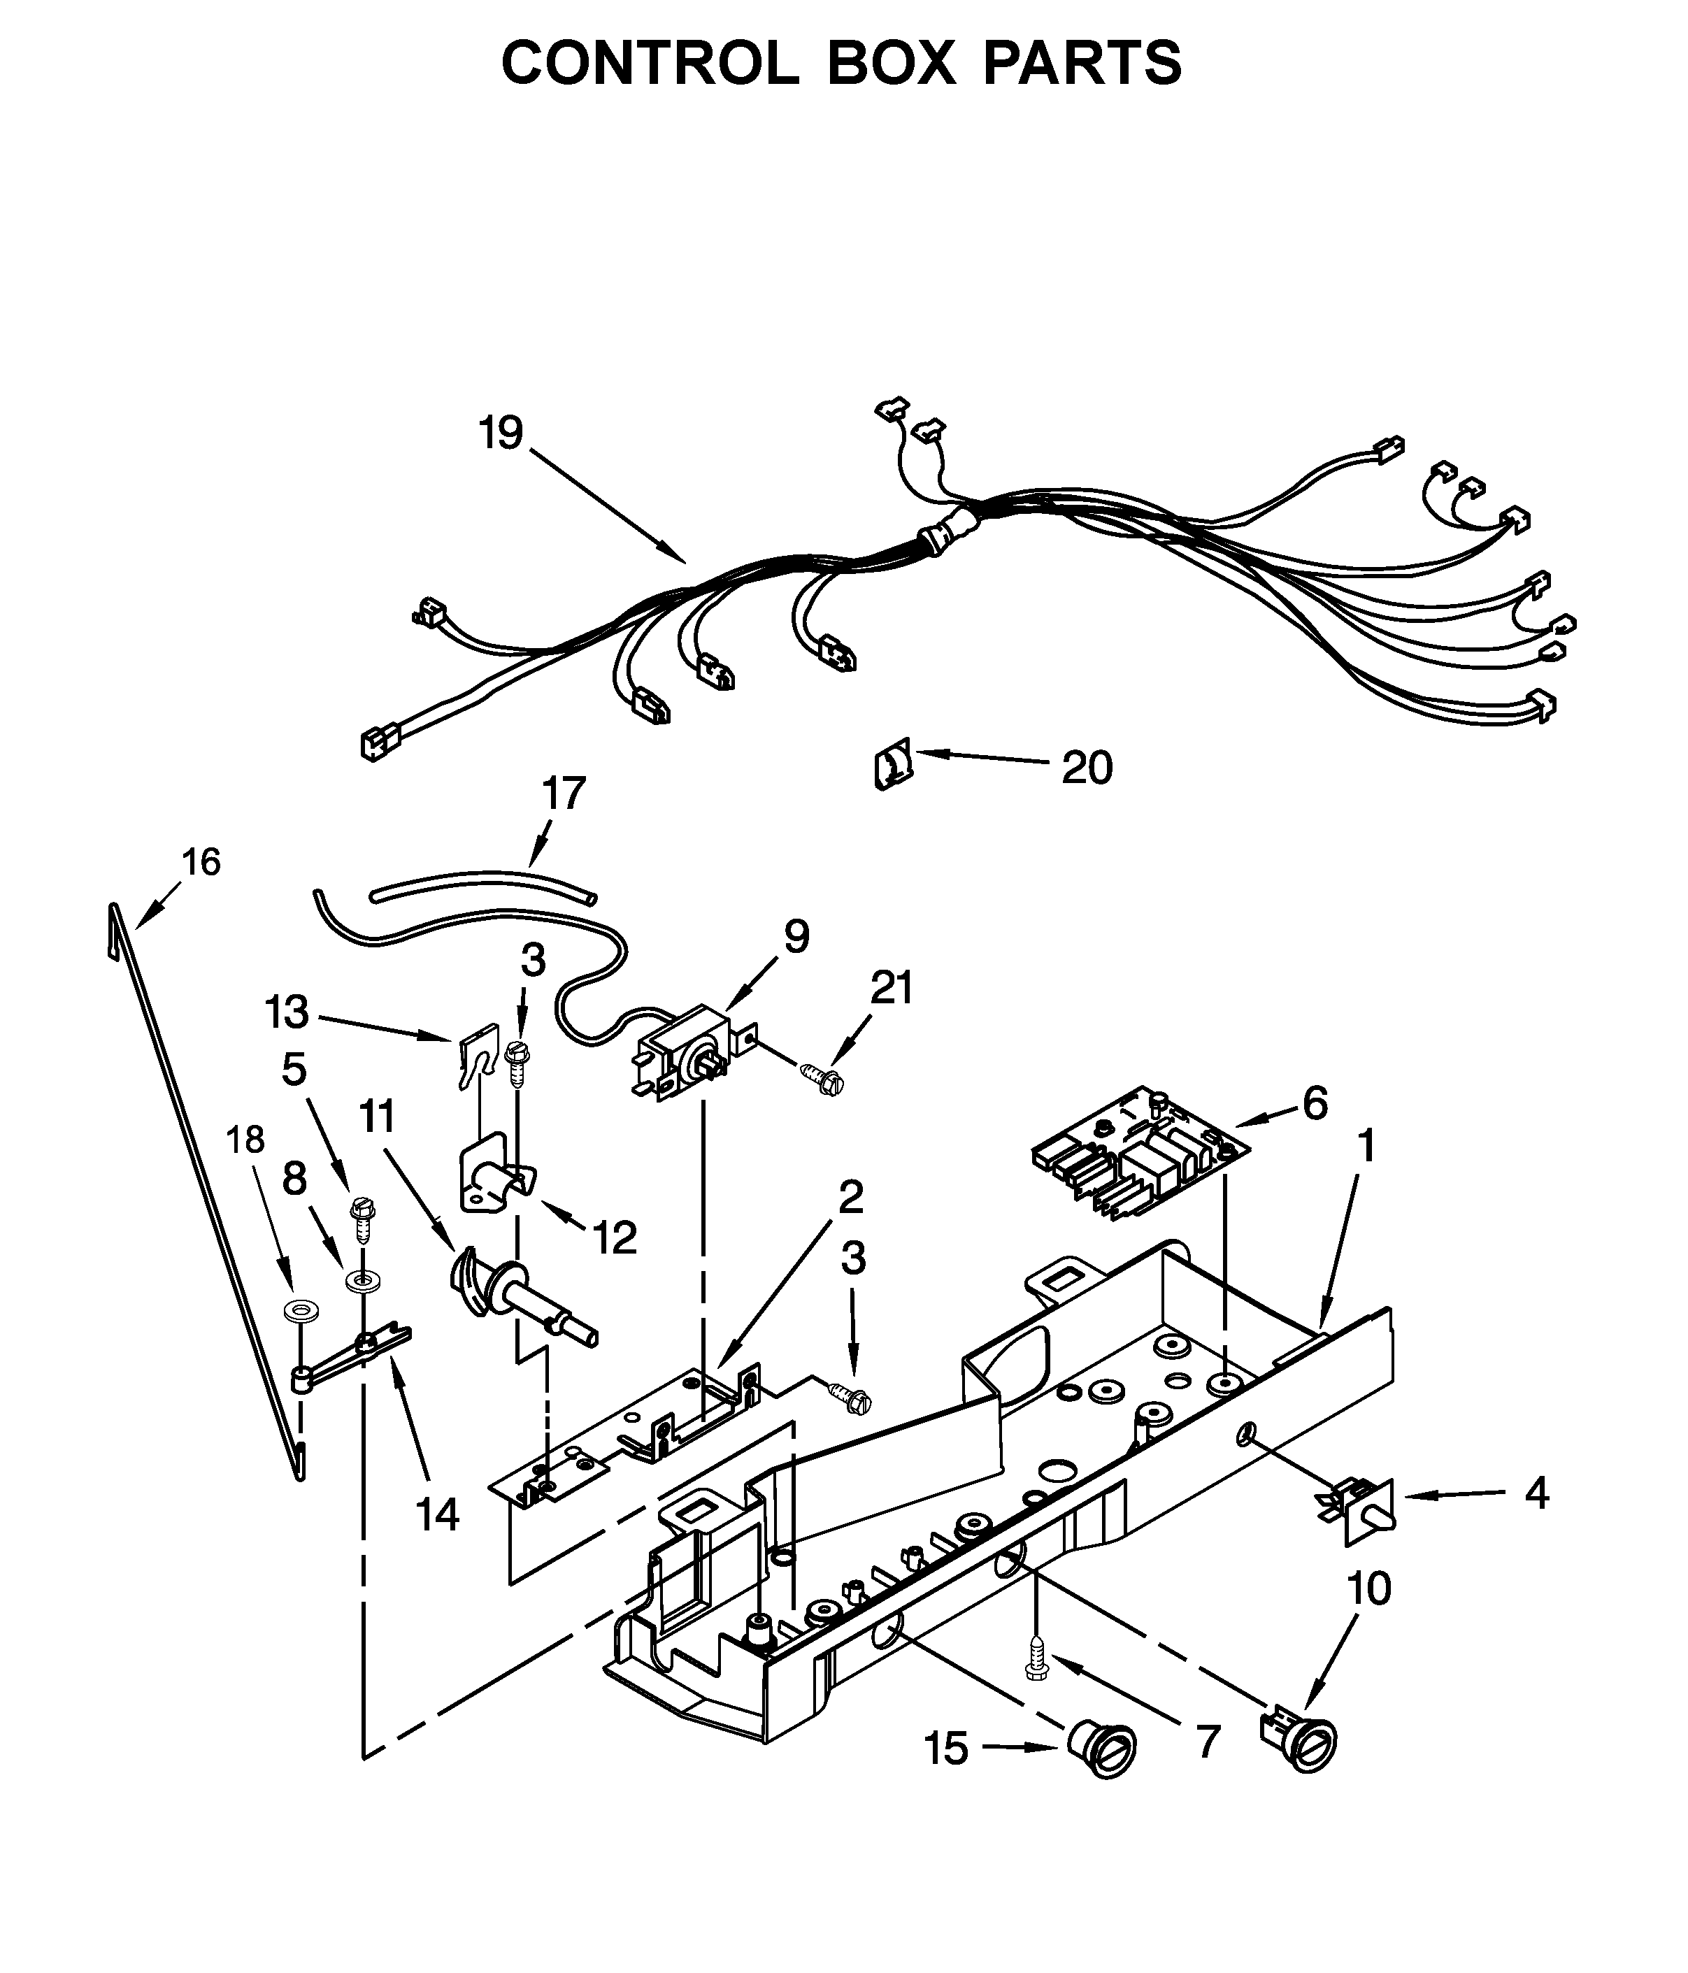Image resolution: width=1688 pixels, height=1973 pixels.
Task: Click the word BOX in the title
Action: click(889, 64)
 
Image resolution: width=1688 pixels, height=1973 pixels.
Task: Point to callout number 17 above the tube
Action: click(563, 794)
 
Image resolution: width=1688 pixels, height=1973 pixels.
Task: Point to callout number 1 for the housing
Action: click(1366, 1147)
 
